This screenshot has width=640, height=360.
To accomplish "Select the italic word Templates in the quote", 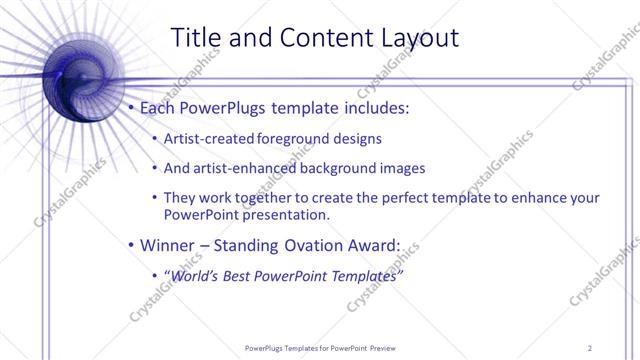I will click(366, 275).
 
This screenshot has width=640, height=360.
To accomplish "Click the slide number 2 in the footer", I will click(590, 348).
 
